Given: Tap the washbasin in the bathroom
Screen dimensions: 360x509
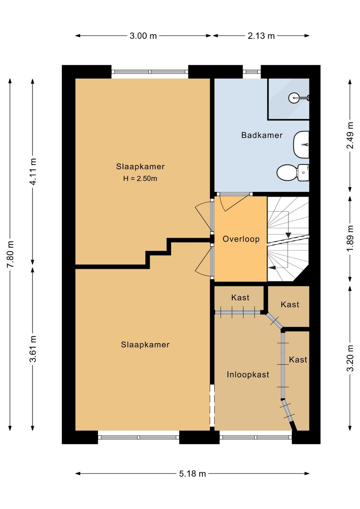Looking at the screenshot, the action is (301, 144).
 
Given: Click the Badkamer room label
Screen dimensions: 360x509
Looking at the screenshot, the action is (262, 135).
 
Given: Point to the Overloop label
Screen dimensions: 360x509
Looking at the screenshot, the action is (241, 239).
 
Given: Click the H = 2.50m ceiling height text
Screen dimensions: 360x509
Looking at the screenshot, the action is (140, 178).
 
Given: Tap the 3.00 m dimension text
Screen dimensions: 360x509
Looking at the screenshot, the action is (143, 36).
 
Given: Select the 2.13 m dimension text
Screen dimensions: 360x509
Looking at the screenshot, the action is (261, 36).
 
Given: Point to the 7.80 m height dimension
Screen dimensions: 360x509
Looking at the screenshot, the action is (10, 254).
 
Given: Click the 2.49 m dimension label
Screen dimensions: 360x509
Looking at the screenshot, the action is (350, 135).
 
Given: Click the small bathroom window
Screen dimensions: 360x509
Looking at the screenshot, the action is (252, 72).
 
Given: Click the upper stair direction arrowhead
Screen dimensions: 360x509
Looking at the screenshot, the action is (288, 235).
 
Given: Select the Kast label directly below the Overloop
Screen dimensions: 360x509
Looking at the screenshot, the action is (240, 298).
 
